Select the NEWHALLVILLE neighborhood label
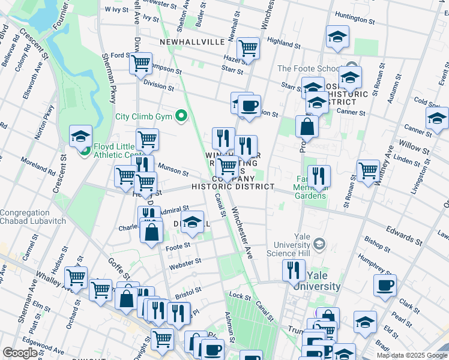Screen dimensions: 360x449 [193, 42]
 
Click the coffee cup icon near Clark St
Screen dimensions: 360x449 [385, 285]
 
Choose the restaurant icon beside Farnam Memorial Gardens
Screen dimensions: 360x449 [319, 176]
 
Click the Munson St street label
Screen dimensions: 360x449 [173, 171]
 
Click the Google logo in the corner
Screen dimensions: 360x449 [20, 353]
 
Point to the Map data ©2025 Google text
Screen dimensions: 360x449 [411, 355]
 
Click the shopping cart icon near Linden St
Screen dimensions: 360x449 [369, 170]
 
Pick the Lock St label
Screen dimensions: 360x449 [240, 296]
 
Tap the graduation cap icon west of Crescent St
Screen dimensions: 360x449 [80, 136]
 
